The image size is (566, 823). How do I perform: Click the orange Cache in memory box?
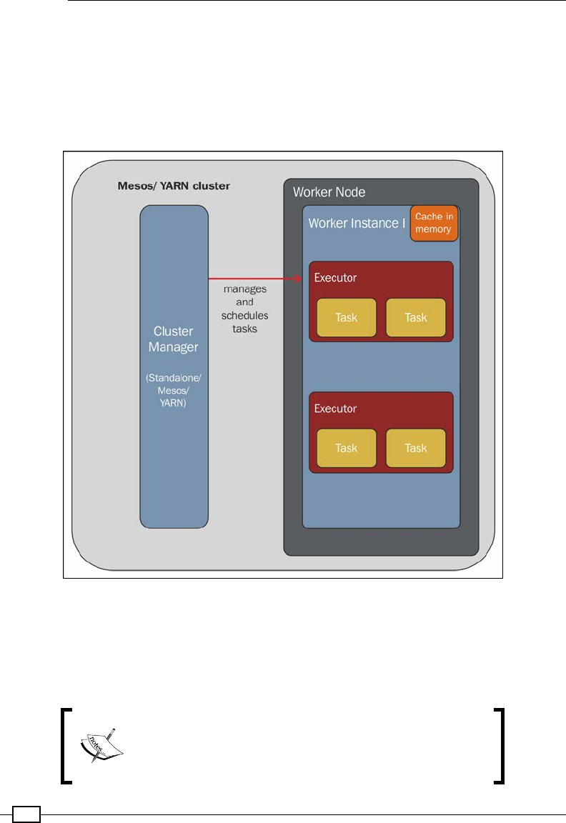[434, 223]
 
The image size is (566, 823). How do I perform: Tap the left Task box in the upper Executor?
[347, 317]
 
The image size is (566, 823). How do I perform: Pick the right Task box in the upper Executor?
[416, 317]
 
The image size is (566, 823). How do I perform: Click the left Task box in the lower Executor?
[347, 448]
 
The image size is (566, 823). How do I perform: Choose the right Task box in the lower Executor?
[416, 448]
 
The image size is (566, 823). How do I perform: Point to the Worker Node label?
[329, 192]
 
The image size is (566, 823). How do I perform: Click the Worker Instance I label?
[357, 223]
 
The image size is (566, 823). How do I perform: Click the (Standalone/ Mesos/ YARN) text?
[174, 389]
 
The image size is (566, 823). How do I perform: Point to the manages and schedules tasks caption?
[244, 308]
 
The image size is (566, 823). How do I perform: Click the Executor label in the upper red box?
[335, 278]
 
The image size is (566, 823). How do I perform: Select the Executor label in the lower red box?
[335, 409]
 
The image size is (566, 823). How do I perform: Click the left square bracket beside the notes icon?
[66, 746]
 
